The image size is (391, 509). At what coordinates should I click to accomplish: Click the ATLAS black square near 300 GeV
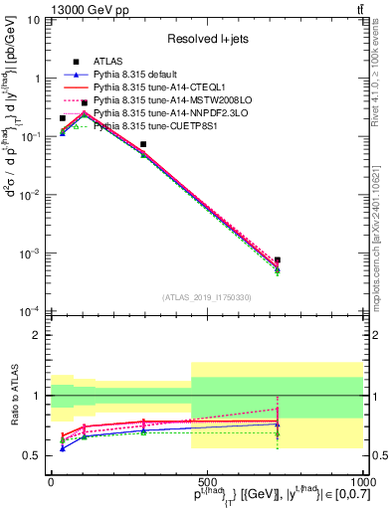pos(143,144)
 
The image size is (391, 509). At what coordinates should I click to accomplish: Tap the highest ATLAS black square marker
pos(85,102)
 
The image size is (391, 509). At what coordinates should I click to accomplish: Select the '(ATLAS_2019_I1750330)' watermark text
pos(207,297)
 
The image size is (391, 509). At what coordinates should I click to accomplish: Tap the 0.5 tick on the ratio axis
pos(37,455)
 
